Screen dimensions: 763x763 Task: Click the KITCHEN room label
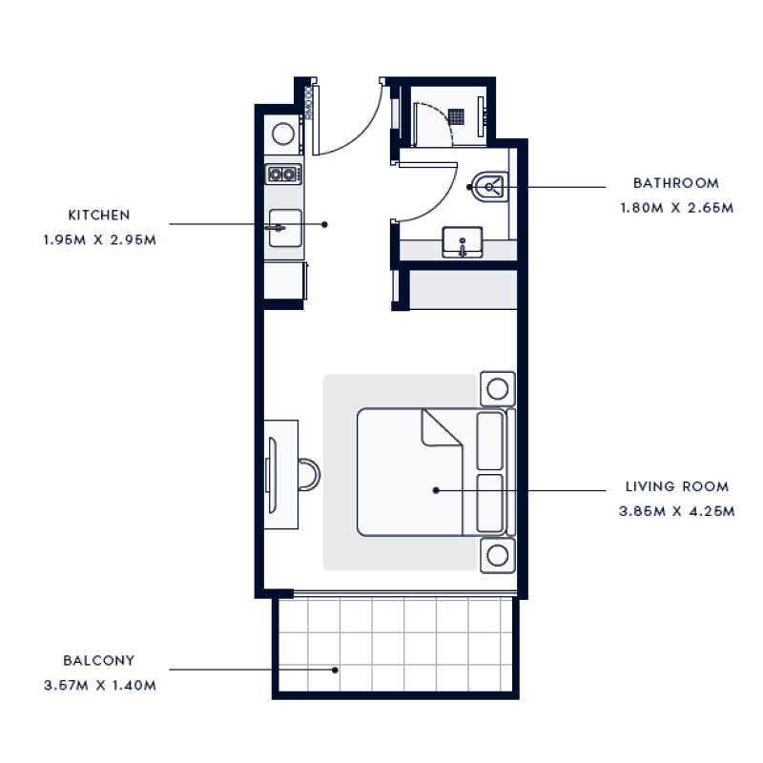click(x=98, y=216)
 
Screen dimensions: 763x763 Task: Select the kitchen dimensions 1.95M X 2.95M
click(x=98, y=239)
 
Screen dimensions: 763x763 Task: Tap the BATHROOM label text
click(x=675, y=183)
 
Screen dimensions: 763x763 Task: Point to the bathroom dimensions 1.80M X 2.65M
click(x=675, y=207)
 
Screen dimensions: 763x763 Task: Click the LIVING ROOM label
click(x=676, y=486)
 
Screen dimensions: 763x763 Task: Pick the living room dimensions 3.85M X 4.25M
click(x=676, y=511)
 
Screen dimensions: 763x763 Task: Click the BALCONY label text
click(x=98, y=660)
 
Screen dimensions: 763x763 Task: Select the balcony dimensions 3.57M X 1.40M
click(x=99, y=685)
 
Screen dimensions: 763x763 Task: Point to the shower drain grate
click(x=459, y=115)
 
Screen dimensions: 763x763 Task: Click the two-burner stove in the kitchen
click(x=283, y=174)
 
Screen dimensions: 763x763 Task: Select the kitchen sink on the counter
click(x=284, y=229)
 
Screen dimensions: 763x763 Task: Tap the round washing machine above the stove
click(x=283, y=133)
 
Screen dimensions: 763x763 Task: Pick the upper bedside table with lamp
click(x=496, y=388)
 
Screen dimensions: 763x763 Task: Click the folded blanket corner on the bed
click(x=440, y=429)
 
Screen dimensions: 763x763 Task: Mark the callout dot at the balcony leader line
click(x=335, y=670)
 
